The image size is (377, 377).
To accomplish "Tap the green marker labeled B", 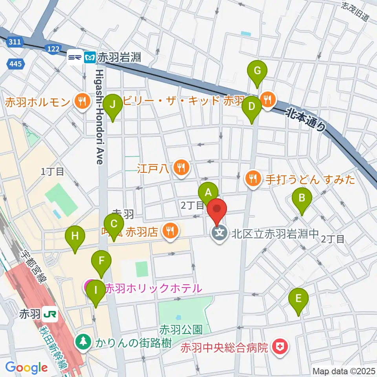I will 302,198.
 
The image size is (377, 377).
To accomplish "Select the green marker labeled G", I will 257,71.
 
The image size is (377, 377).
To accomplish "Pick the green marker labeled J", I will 113,104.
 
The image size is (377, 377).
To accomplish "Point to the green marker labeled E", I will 298,298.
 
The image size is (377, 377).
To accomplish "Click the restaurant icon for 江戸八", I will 181,168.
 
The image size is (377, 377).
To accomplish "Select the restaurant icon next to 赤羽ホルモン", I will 81,103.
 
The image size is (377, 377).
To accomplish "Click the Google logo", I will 27,367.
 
